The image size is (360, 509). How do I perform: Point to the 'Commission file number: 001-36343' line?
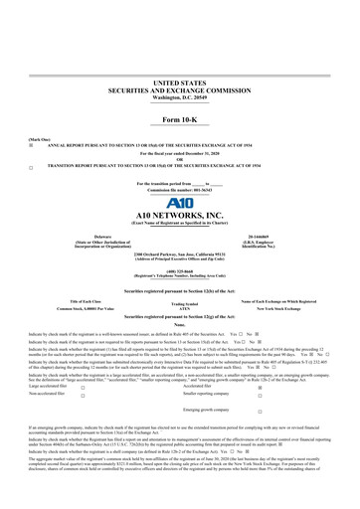coord(179,162)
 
